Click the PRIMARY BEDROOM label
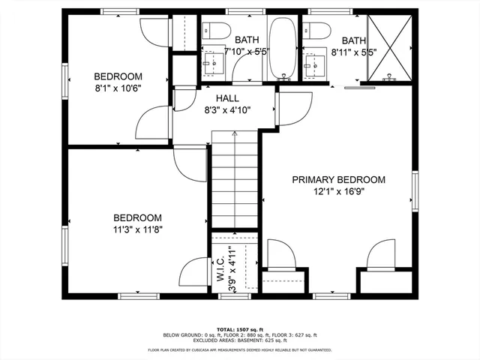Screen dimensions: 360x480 pyautogui.click(x=338, y=180)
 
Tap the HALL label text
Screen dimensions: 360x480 pyautogui.click(x=227, y=98)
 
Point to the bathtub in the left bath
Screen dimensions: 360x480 pyautogui.click(x=283, y=48)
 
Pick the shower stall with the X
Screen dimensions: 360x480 pyautogui.click(x=390, y=46)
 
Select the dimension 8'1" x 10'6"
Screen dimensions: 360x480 pyautogui.click(x=118, y=88)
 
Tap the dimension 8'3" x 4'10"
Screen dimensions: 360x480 pyautogui.click(x=227, y=110)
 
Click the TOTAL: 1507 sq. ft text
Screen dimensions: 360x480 pyautogui.click(x=240, y=329)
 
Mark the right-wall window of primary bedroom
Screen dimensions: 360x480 pyautogui.click(x=414, y=192)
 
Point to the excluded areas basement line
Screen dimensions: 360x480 pyautogui.click(x=240, y=341)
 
